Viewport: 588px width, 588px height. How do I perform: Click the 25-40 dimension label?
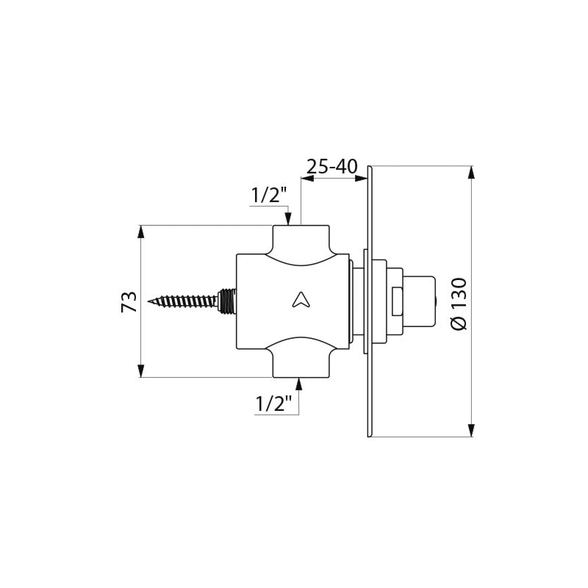click(x=332, y=167)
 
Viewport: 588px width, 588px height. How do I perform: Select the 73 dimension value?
click(x=129, y=301)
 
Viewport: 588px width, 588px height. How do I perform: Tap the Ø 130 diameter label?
click(x=459, y=304)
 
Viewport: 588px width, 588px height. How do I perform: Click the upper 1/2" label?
click(x=269, y=195)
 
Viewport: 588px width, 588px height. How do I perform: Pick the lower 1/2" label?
click(x=273, y=404)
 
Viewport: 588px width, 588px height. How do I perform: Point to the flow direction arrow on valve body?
click(x=301, y=301)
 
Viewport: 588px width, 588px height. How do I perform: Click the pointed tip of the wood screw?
click(x=148, y=301)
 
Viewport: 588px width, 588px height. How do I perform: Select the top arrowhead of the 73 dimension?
click(x=141, y=232)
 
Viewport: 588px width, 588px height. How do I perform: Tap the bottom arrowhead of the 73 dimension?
click(x=141, y=370)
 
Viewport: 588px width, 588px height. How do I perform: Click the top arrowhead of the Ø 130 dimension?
click(x=472, y=173)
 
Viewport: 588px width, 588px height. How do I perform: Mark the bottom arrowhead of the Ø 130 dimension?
click(x=472, y=430)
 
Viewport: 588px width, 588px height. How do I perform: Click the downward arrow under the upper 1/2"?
click(x=288, y=218)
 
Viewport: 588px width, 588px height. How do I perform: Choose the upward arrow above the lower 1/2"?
click(x=299, y=384)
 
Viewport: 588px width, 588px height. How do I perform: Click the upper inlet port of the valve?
click(x=301, y=240)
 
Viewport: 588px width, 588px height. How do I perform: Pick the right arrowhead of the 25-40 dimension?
click(x=361, y=179)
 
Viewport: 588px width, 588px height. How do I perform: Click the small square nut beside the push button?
click(x=397, y=301)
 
